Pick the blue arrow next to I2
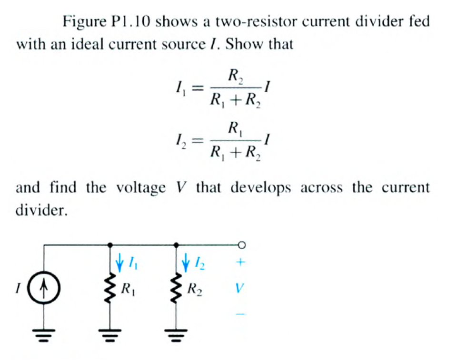(x=186, y=261)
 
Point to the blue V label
(x=240, y=288)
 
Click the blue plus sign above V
(x=241, y=262)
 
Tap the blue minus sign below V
(x=241, y=314)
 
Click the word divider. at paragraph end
(x=41, y=211)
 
